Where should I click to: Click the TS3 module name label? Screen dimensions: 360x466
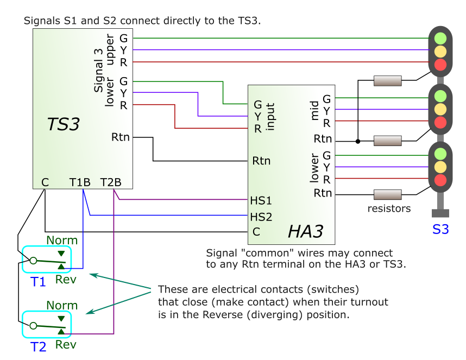[x=64, y=124]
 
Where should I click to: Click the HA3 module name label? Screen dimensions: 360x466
[x=305, y=232]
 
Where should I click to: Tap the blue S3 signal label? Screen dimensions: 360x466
[x=440, y=229]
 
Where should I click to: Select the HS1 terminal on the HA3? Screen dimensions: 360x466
[x=261, y=200]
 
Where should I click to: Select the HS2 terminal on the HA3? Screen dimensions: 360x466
[x=261, y=216]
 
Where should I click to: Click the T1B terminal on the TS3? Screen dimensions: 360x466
[x=80, y=182]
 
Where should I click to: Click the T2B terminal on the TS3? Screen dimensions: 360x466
[x=111, y=182]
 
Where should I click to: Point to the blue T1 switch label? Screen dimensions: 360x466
[x=38, y=281]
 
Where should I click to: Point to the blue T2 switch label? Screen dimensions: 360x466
[x=38, y=346]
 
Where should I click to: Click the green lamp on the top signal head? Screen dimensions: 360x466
[x=440, y=39]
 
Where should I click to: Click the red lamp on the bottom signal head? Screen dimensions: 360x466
[x=440, y=180]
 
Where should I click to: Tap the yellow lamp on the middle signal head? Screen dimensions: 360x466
[x=440, y=109]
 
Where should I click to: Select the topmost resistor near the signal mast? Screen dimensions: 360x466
[x=388, y=81]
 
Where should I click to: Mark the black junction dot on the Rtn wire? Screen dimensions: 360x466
[x=357, y=142]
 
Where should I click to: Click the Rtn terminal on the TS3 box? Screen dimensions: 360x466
[x=121, y=137]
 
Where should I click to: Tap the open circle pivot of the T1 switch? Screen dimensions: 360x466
[x=33, y=261]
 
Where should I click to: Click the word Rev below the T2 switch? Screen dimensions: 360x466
[x=66, y=344]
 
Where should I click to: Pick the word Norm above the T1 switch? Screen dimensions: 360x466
[x=62, y=240]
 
